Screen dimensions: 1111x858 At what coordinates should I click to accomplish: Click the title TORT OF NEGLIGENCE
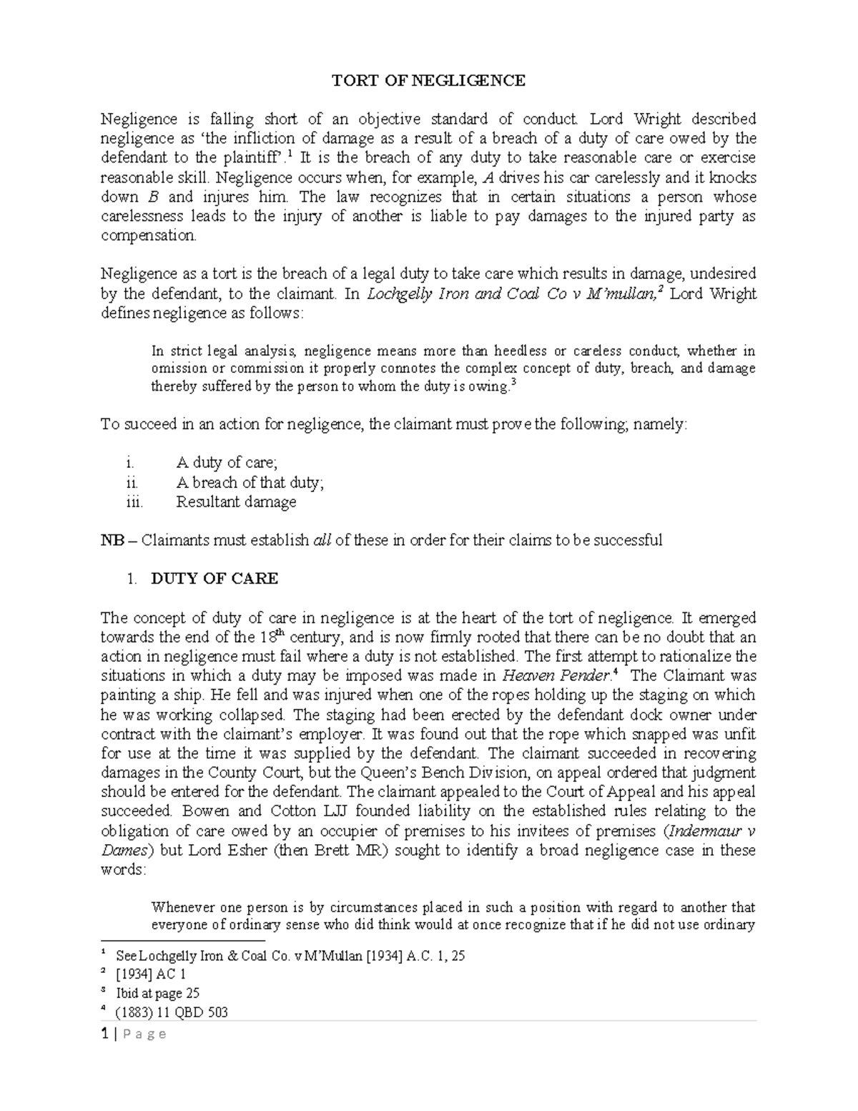(x=428, y=80)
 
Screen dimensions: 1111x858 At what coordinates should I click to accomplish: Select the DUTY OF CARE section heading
(x=214, y=579)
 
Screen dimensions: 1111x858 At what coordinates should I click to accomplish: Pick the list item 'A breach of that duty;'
(x=250, y=482)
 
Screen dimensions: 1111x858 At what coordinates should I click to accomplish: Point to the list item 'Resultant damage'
(x=236, y=501)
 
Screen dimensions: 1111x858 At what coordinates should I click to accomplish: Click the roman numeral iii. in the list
(x=134, y=501)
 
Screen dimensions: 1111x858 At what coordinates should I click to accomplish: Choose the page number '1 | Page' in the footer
(x=134, y=1034)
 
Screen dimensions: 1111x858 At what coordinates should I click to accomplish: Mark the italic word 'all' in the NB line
(x=322, y=540)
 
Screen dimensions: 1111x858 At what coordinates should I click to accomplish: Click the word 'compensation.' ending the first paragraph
(x=148, y=235)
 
